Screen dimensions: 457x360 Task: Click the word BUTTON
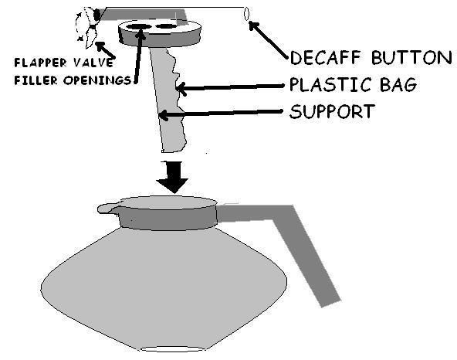[411, 57]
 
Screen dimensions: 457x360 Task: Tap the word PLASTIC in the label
[327, 84]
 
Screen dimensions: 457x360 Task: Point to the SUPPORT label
[332, 111]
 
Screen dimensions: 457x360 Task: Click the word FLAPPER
[40, 63]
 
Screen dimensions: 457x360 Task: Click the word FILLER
[36, 80]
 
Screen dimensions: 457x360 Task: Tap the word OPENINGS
[97, 80]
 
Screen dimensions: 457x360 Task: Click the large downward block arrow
[173, 177]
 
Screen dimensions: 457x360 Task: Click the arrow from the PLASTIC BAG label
[230, 87]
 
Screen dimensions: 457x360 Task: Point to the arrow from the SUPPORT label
[221, 114]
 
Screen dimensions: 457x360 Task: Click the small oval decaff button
[246, 14]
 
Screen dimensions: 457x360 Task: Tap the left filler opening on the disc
[139, 27]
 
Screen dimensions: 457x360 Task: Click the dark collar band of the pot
[168, 218]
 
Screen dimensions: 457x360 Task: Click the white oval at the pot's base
[173, 349]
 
